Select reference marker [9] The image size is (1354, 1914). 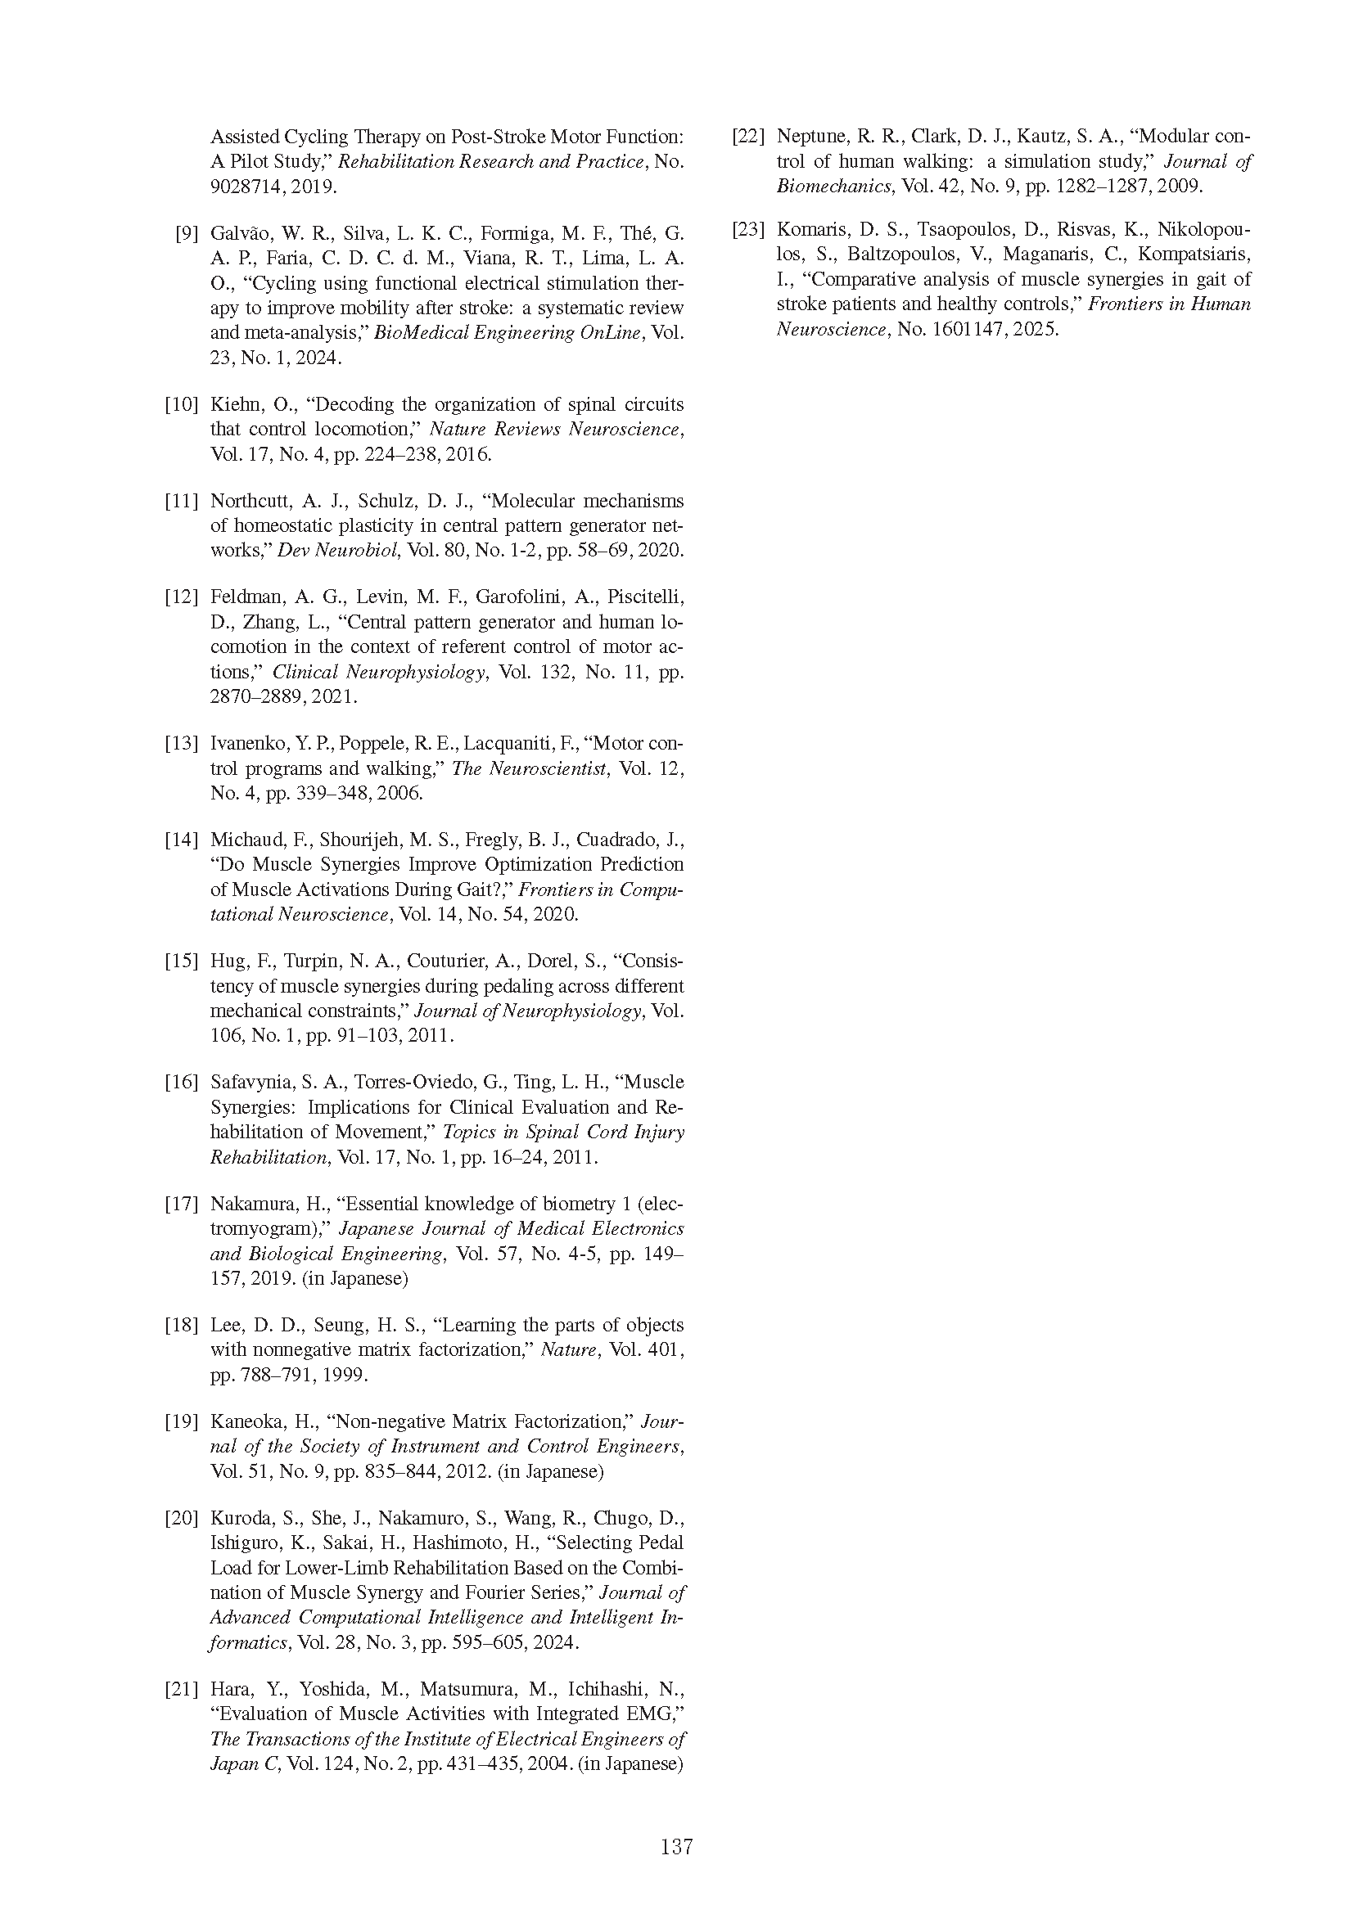point(186,233)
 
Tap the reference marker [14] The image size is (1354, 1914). point(181,840)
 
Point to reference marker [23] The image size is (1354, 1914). point(748,229)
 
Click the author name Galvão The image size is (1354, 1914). point(238,233)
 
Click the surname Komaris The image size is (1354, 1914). point(810,229)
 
